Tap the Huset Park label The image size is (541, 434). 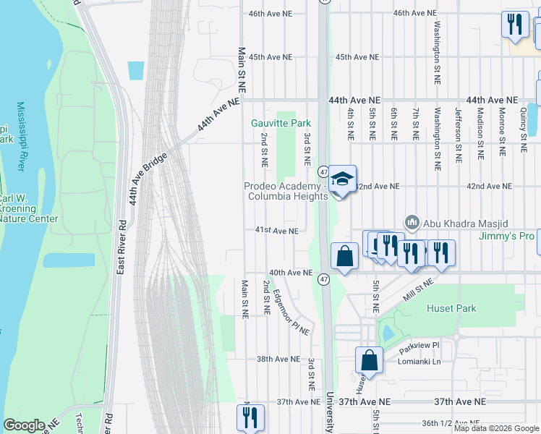click(x=456, y=308)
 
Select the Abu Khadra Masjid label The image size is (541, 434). click(x=446, y=222)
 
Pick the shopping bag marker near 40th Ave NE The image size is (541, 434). click(x=344, y=256)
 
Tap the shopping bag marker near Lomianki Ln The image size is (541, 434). click(x=369, y=361)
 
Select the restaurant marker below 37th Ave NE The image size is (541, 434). click(x=250, y=417)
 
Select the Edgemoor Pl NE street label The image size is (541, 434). click(x=291, y=312)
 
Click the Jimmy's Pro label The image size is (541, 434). click(x=506, y=236)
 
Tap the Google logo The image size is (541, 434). click(x=25, y=425)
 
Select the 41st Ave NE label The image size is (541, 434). click(x=276, y=231)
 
